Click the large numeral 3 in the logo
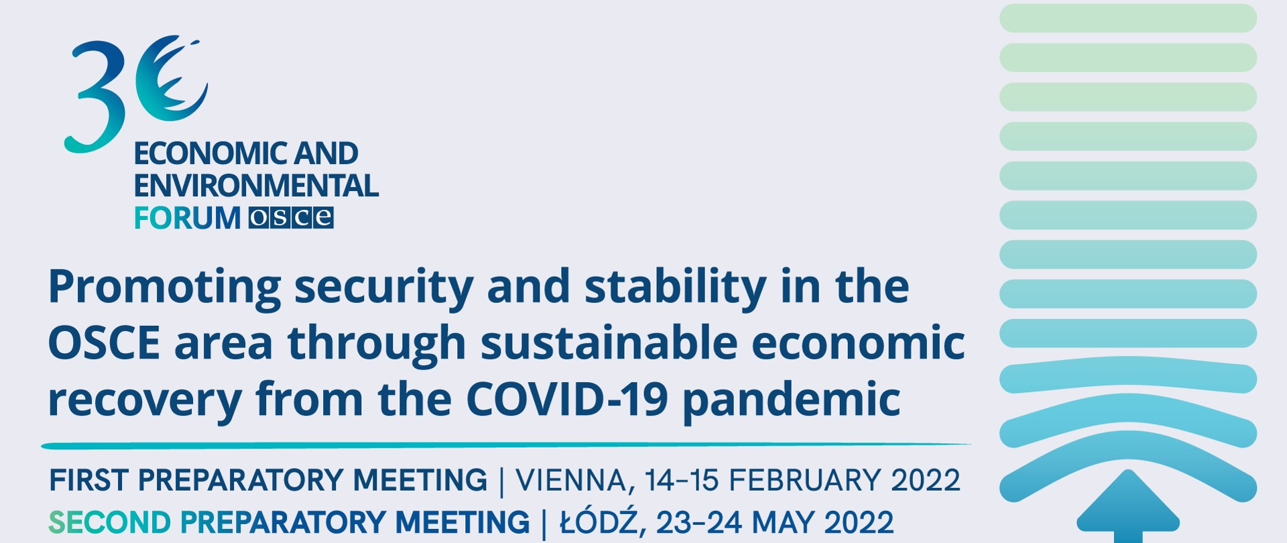(x=97, y=97)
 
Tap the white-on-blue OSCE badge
(x=291, y=218)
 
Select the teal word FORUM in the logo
(x=187, y=218)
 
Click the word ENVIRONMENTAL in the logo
(x=256, y=186)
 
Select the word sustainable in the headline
(x=609, y=343)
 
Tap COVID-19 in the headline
(x=567, y=400)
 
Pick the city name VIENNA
(x=571, y=481)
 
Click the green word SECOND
(x=110, y=522)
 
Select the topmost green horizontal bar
(x=1128, y=18)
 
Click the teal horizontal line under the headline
(x=506, y=445)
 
